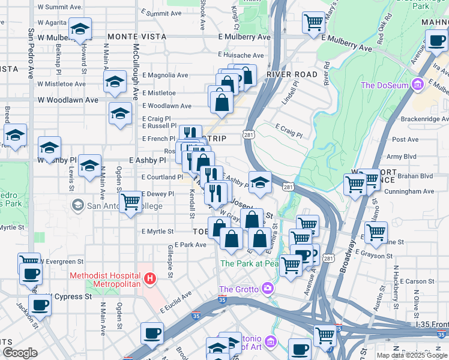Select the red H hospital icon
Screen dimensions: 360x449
[x=151, y=279]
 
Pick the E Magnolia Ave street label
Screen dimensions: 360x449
[x=165, y=76]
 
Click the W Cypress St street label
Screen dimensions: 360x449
[x=71, y=296]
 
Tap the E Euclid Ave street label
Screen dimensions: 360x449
[x=176, y=302]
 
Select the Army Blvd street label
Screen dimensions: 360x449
[x=402, y=156]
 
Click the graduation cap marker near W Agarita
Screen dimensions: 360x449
[x=79, y=29]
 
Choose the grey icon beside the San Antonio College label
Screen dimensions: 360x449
[x=77, y=206]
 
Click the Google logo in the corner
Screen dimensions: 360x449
[x=20, y=353]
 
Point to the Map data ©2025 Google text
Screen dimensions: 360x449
[x=411, y=355]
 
